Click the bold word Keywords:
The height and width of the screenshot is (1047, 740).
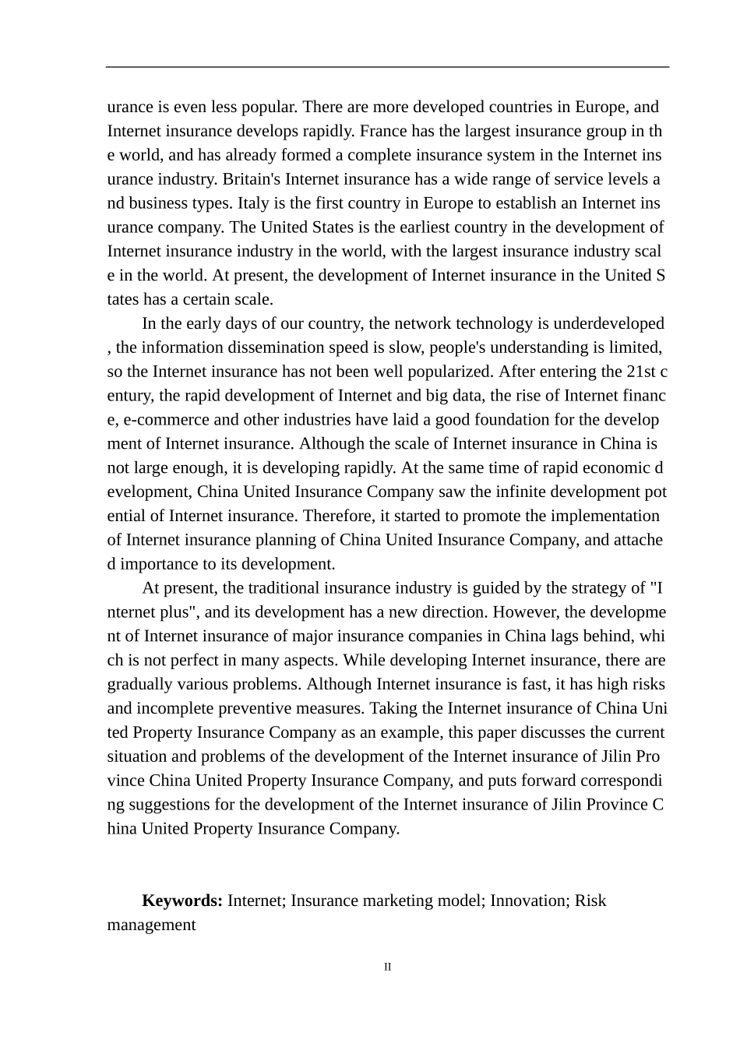tap(182, 901)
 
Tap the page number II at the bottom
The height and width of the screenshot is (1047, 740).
tap(387, 968)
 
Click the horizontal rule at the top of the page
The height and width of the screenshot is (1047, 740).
tap(387, 67)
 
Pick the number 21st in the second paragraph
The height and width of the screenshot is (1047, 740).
tap(641, 372)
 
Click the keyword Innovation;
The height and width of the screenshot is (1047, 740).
tap(530, 901)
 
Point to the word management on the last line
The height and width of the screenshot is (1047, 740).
tap(151, 925)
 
